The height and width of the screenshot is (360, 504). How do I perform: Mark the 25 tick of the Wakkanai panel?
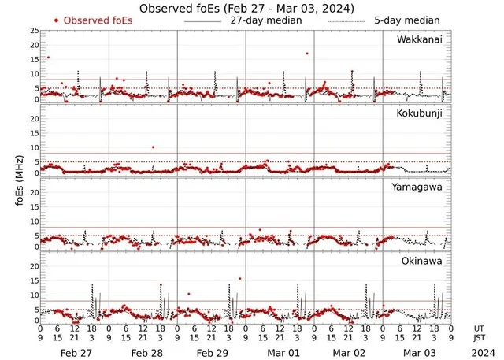pos(34,30)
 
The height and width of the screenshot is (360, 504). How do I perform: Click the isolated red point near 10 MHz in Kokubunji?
pos(153,147)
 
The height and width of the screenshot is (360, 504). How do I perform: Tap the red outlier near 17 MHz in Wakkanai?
pos(306,54)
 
